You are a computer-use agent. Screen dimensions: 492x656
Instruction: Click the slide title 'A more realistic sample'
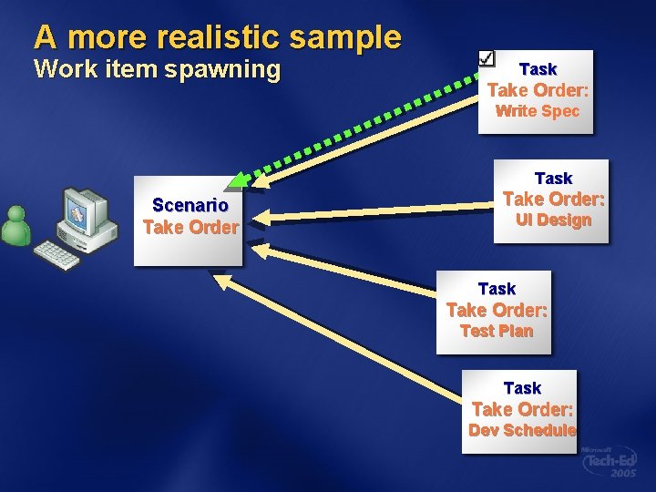pos(217,37)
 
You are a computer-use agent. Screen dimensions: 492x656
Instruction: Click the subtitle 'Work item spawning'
pos(157,70)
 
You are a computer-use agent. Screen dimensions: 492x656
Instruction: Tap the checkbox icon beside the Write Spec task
pos(487,56)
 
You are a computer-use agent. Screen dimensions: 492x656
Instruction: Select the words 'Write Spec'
pos(537,111)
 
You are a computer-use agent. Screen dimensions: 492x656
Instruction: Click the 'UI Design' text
pos(553,220)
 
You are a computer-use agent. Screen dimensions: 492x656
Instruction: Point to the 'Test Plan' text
pos(497,331)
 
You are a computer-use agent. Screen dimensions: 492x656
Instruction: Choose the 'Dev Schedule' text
pos(522,430)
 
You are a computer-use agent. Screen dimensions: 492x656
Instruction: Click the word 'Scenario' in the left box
pos(190,205)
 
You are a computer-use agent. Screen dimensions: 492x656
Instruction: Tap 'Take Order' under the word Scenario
pos(190,228)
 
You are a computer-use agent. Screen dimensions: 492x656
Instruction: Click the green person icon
pos(15,226)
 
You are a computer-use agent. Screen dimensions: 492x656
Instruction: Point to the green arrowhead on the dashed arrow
pos(239,178)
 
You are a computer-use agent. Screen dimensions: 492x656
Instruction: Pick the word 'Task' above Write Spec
pos(538,69)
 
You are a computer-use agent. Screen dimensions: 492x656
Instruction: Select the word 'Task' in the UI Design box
pos(553,179)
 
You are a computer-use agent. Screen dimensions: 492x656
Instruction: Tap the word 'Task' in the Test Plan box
pos(497,289)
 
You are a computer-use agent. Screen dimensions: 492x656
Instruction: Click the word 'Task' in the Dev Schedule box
pos(522,388)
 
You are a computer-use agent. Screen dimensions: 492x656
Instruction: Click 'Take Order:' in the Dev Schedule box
pos(522,409)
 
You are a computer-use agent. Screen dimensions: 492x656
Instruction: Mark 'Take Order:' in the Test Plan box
pos(497,310)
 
